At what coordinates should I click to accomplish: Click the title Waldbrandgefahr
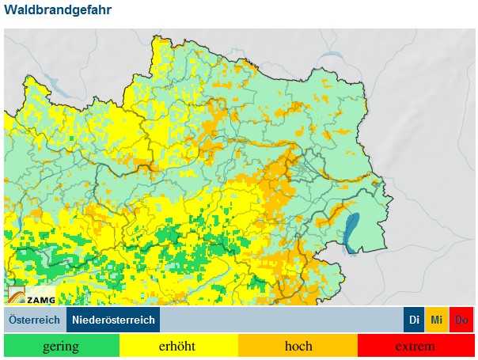[58, 10]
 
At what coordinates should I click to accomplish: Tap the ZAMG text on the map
[40, 299]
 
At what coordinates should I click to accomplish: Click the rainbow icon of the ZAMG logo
[17, 295]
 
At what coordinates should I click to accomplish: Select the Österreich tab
[35, 320]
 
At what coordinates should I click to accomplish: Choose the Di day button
[414, 320]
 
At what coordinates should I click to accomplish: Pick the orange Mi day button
[436, 320]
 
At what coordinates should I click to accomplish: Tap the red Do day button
[461, 320]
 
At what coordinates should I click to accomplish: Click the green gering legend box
[61, 347]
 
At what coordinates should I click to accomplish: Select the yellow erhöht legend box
[179, 347]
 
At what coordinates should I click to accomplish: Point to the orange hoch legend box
[298, 347]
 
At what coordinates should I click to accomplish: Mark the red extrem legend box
[415, 347]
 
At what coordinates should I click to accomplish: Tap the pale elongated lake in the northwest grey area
[52, 82]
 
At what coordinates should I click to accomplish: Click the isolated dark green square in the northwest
[72, 139]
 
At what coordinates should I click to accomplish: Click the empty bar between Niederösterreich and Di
[281, 320]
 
